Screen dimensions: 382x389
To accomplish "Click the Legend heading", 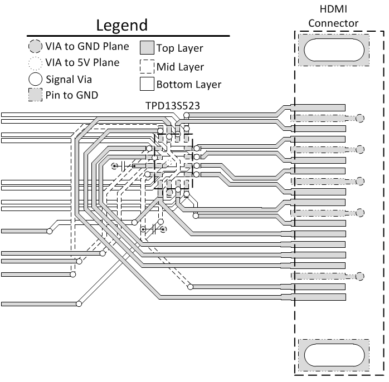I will pos(121,25).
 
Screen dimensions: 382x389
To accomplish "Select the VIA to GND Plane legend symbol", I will pos(35,46).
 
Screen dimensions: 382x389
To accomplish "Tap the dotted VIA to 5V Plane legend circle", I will pos(35,62).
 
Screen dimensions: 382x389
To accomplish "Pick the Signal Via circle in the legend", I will pos(35,79).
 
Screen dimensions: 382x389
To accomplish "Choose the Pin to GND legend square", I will pos(35,95).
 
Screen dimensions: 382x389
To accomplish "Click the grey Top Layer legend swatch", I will pos(147,48).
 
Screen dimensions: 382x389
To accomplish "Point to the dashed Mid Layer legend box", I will pos(147,67).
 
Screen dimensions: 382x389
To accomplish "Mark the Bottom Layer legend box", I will pos(147,85).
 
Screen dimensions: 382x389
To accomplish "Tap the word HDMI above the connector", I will pos(333,9).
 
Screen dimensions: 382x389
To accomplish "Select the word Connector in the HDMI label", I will pos(333,23).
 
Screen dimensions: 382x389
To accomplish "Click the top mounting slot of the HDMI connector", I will pos(334,51).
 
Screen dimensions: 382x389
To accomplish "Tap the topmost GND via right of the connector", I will pos(361,118).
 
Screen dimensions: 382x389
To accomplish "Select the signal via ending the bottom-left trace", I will pos(79,303).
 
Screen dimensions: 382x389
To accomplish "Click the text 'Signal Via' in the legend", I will pos(69,79).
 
